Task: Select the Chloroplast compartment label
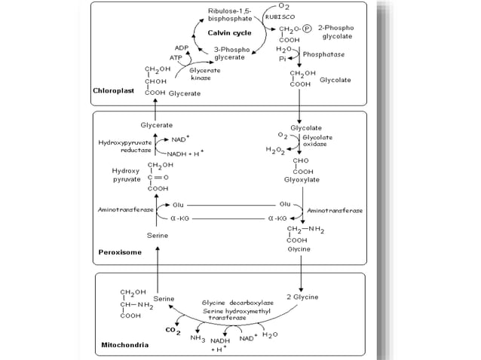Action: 113,91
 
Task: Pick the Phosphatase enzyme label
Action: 325,55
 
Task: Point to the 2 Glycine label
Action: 302,297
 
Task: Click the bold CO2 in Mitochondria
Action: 173,330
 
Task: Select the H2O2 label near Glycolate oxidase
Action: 277,151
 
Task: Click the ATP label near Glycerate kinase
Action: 176,57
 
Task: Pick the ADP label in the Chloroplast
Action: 182,47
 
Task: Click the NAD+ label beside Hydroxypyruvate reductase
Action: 180,139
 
